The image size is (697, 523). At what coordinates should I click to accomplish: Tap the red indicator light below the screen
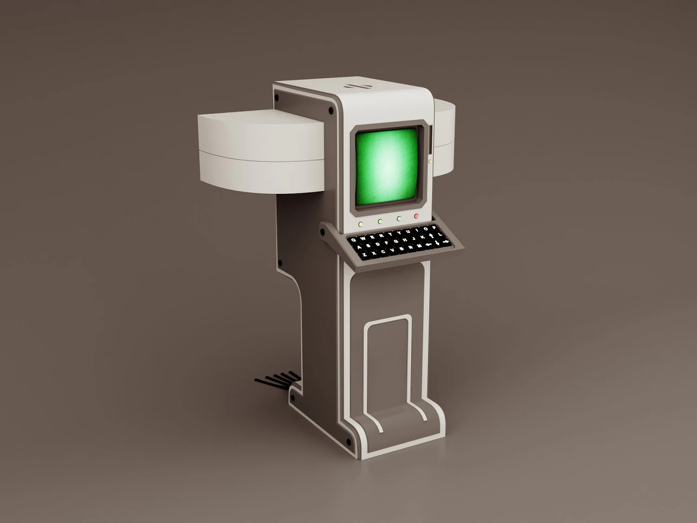pyautogui.click(x=416, y=216)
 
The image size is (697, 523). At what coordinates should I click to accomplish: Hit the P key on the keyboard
pyautogui.click(x=434, y=227)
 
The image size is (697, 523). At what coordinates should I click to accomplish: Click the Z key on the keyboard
pyautogui.click(x=364, y=254)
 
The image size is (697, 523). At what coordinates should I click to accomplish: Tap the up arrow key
pyautogui.click(x=431, y=236)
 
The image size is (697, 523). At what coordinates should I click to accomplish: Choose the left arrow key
pyautogui.click(x=429, y=245)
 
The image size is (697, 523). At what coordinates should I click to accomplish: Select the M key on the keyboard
pyautogui.click(x=419, y=246)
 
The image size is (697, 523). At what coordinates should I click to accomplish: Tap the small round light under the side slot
pyautogui.click(x=430, y=161)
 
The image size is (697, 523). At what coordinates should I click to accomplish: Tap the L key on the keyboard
pyautogui.click(x=440, y=234)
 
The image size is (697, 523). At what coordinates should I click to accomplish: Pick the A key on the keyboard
pyautogui.click(x=359, y=247)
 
